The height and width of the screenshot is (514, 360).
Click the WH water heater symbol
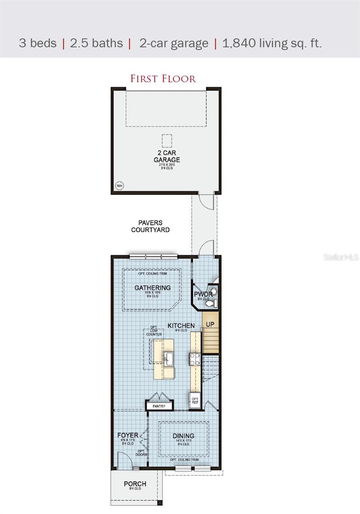click(x=119, y=185)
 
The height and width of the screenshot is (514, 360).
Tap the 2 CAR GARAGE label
click(x=167, y=156)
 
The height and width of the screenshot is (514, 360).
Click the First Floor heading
click(x=163, y=79)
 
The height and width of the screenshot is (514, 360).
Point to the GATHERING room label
click(x=152, y=288)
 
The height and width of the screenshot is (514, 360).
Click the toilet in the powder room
click(x=210, y=303)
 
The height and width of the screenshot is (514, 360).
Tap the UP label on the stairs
click(x=210, y=324)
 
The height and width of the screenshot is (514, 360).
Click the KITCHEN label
click(x=181, y=326)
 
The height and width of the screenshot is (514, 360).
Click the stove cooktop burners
click(x=195, y=359)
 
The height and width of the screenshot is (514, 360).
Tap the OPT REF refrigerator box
click(x=195, y=400)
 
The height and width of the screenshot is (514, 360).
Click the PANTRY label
click(x=159, y=406)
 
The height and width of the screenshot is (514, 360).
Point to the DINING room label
click(x=183, y=436)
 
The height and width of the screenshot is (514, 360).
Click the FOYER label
click(x=128, y=436)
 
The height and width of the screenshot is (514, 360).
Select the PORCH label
click(x=135, y=484)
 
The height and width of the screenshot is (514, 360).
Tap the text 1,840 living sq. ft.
click(x=272, y=43)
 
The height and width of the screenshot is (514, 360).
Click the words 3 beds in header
click(x=38, y=43)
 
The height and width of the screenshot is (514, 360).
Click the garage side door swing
click(x=206, y=201)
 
